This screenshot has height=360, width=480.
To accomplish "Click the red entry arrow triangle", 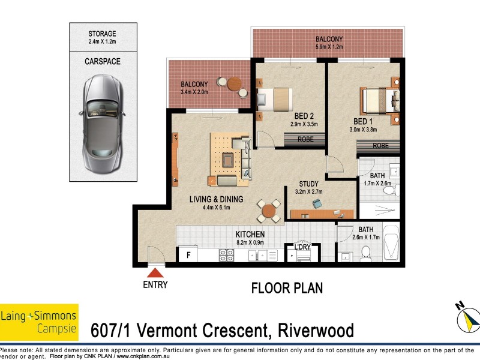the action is (155, 273).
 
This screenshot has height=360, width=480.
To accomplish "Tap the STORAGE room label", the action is (102, 34).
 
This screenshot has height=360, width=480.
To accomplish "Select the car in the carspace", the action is (103, 124).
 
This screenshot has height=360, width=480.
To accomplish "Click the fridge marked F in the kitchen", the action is (188, 254).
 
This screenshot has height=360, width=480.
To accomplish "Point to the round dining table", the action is (268, 211).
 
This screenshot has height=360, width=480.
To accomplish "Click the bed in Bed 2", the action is (275, 99).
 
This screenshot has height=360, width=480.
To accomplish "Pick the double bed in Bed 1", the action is (380, 101).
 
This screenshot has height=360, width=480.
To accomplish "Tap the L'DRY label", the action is (302, 247).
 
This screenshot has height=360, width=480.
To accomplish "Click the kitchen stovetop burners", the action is (227, 256).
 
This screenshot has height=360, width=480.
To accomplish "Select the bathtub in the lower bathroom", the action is (391, 243).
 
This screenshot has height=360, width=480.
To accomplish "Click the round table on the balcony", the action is (235, 83).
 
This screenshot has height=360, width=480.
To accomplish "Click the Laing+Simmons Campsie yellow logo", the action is (39, 322).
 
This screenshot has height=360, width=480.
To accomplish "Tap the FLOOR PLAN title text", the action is (287, 288).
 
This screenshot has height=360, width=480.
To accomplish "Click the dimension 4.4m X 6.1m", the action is (216, 208).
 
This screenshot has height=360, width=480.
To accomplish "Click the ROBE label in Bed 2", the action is (305, 139).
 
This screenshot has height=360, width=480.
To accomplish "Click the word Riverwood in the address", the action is (316, 331).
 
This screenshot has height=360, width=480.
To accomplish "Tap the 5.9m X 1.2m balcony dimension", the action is (329, 47).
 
